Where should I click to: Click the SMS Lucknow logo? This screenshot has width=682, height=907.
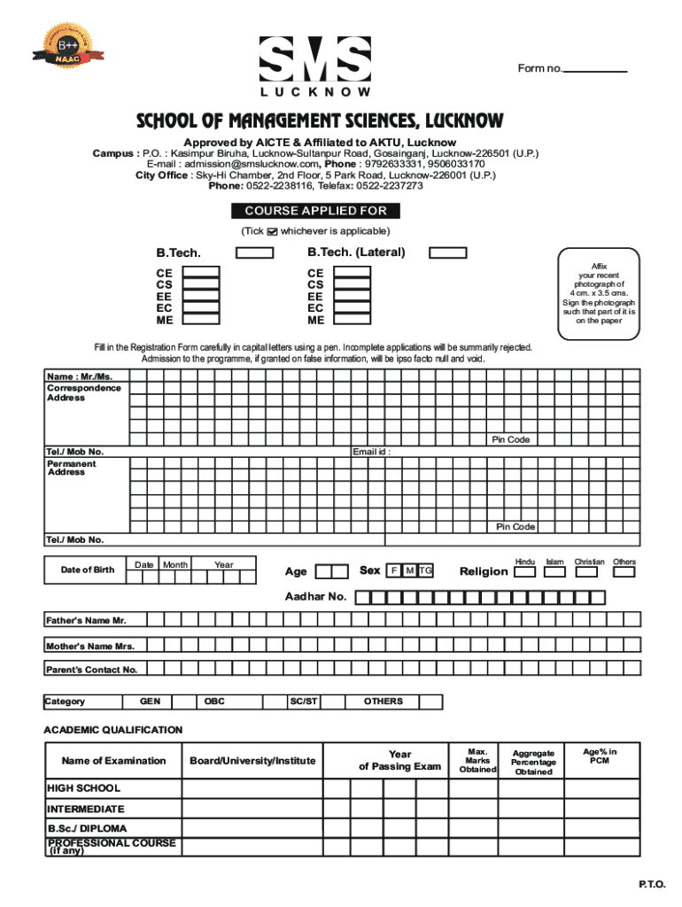pos(315,66)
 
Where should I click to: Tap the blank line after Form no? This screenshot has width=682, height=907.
pos(595,71)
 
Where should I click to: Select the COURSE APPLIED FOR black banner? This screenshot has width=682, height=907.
pos(315,211)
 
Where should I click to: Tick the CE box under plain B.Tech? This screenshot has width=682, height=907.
pos(202,274)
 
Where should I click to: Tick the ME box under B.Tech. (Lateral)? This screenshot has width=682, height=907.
pos(351,320)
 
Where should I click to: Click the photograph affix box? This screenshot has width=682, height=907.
pos(598,293)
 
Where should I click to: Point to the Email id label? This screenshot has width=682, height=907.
pos(371,452)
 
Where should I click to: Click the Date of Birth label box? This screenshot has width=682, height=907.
pos(87,570)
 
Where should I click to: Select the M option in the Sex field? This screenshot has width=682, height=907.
pos(409,570)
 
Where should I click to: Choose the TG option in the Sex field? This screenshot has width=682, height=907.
pos(426,570)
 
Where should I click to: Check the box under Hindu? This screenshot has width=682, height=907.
pos(524,572)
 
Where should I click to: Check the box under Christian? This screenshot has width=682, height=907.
pos(589,572)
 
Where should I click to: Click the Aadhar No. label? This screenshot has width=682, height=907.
pos(315,597)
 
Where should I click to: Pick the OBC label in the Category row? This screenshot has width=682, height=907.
pos(214,702)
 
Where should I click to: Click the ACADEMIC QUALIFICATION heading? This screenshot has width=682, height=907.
pos(113,730)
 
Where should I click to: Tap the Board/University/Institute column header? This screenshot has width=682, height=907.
pos(252,761)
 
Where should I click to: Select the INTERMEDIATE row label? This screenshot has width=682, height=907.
pos(85,809)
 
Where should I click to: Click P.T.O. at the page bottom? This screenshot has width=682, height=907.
pos(651,885)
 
